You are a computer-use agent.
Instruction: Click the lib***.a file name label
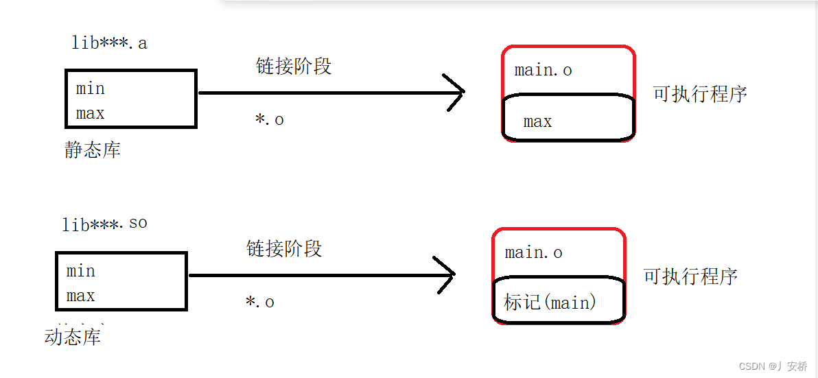(110, 43)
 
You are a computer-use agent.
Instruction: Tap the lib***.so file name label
(104, 224)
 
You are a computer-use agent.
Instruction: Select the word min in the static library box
(91, 88)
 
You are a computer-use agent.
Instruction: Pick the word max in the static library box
(91, 113)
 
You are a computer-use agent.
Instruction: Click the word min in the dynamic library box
(81, 271)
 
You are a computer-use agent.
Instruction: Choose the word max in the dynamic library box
(81, 296)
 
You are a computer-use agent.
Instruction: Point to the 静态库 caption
(93, 150)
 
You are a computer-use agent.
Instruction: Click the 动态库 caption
(73, 337)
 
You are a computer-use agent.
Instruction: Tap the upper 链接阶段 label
(294, 67)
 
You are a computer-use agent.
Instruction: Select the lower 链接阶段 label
(284, 248)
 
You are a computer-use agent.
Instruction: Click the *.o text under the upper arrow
(269, 119)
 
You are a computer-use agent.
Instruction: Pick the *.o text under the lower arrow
(259, 302)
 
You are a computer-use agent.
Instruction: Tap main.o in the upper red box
(544, 70)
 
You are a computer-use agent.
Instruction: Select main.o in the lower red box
(534, 252)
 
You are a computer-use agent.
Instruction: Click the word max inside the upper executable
(537, 121)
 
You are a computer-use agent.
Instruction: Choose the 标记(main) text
(550, 302)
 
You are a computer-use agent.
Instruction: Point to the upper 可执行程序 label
(700, 94)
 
